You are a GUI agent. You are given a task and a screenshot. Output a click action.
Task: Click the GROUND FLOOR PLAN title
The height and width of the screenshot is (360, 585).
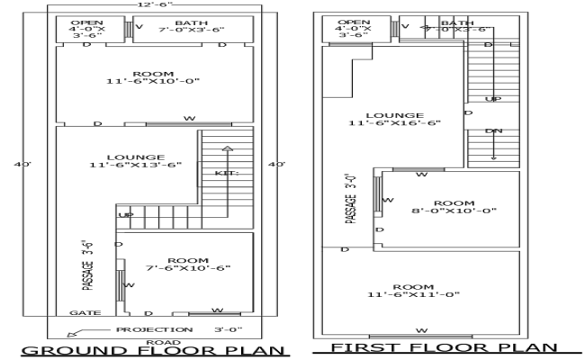pos(153,351)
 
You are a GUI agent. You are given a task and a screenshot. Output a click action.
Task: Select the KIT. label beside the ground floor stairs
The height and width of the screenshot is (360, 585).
pos(226,171)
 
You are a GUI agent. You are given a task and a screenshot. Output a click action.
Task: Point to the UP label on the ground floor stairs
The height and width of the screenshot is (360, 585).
pos(126,215)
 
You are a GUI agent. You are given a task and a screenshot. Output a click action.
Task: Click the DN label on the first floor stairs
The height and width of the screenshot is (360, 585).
pos(493,131)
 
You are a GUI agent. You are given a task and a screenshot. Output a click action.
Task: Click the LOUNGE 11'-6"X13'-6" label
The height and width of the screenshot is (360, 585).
pos(135,160)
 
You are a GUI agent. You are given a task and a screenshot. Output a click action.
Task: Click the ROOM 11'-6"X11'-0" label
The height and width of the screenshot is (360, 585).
pos(413,290)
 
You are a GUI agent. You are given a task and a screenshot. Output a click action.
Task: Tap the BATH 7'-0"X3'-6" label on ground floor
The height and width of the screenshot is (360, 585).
pos(189,26)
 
